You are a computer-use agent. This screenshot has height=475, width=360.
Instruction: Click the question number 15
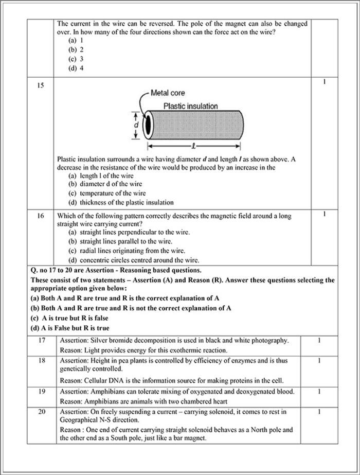40,85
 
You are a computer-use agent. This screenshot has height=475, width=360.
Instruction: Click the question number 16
40,216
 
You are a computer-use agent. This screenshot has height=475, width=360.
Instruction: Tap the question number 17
42,340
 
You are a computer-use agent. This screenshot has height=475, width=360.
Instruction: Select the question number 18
42,361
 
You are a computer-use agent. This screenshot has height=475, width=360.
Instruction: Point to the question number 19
42,392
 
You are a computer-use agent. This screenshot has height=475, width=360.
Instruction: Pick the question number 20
42,412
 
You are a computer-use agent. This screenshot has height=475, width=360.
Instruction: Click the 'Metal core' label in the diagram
168,93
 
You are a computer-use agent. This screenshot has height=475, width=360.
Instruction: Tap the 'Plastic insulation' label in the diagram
190,106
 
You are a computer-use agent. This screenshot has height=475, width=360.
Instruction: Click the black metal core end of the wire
148,125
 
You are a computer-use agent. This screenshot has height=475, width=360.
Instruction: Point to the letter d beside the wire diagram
136,125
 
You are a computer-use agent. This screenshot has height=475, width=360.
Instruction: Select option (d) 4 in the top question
76,68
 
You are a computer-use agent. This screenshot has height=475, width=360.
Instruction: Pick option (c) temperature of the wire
107,193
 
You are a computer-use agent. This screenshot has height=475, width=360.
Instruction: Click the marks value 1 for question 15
324,82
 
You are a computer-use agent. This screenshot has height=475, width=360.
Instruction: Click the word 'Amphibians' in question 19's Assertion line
113,392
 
